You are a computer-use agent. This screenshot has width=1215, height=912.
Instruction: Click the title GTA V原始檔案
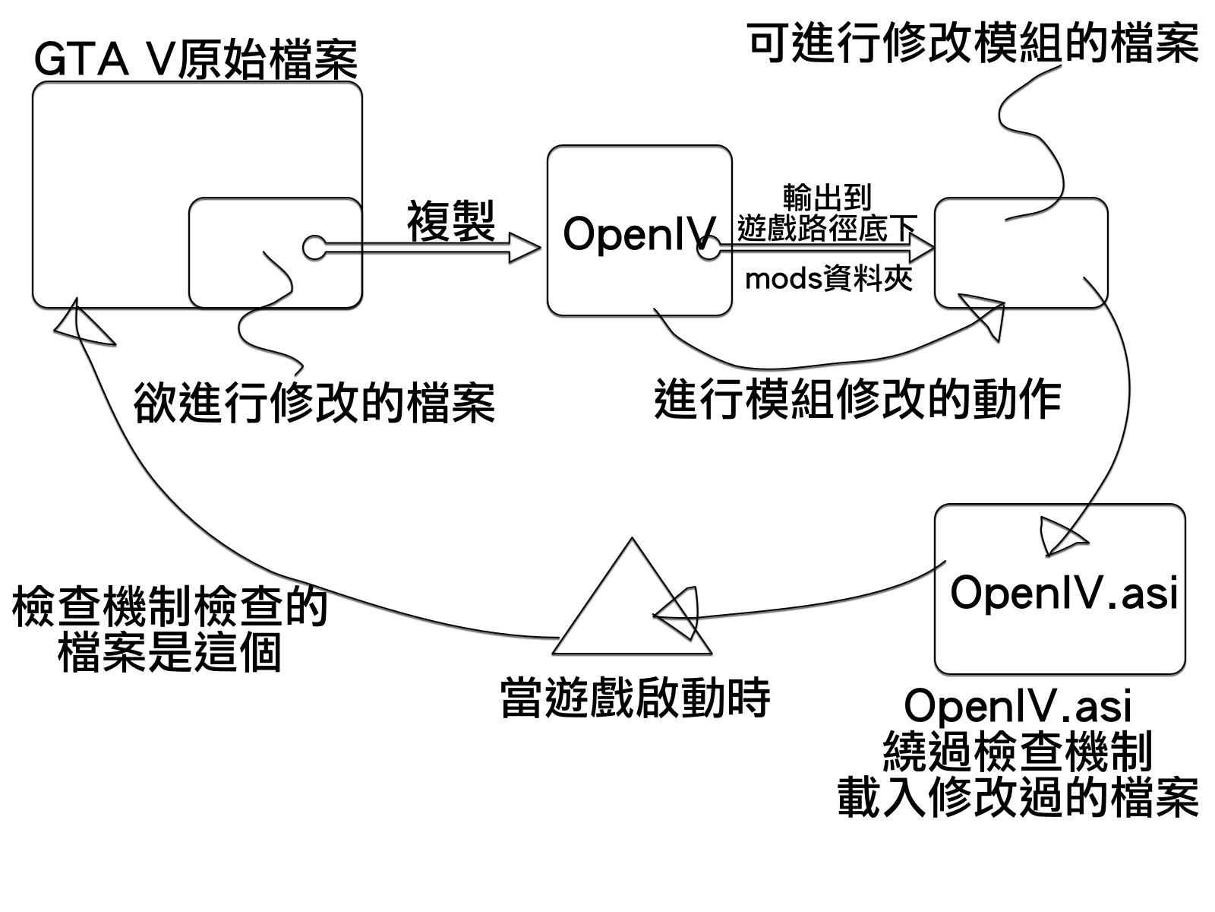coord(195,60)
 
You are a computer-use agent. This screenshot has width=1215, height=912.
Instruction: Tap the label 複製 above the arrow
coord(451,221)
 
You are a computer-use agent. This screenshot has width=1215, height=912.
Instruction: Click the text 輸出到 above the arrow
coord(827,198)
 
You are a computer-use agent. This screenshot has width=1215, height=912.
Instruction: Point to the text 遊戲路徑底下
coord(827,228)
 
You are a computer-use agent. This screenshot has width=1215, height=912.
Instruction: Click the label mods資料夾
coord(828,279)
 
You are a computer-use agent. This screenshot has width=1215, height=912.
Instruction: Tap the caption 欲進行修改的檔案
coord(314,402)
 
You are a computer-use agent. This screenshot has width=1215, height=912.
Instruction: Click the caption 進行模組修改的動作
coord(857,399)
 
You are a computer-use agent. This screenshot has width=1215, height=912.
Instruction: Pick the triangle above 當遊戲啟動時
coord(632,608)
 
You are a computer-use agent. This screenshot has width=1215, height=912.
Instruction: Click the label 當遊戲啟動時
coord(635,698)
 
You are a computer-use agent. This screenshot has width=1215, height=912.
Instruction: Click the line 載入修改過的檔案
coord(1018,796)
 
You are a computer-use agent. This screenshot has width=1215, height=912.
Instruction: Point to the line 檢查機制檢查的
coord(169,606)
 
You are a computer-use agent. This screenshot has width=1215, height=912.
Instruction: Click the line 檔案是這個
coord(169,652)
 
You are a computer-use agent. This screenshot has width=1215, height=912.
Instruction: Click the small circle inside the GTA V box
coord(314,247)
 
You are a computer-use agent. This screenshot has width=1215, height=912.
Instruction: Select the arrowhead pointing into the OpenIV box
coord(524,247)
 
